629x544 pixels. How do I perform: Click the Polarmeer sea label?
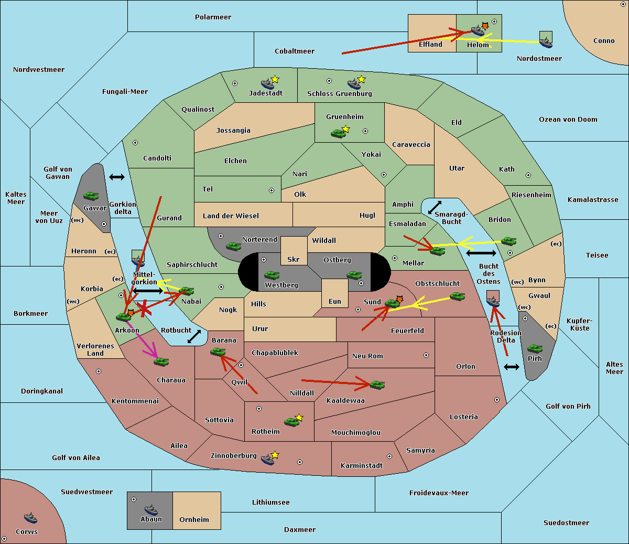(213, 17)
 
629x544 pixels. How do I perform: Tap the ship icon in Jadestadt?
(268, 83)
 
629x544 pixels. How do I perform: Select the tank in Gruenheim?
(338, 133)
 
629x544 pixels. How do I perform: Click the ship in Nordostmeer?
(546, 40)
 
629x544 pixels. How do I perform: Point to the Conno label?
(604, 40)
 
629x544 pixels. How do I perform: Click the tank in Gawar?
(91, 196)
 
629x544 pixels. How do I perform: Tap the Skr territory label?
(294, 259)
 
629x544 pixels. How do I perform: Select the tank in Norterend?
(233, 246)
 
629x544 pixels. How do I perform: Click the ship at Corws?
(30, 518)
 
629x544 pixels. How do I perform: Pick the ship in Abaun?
(151, 509)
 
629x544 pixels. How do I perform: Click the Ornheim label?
(194, 519)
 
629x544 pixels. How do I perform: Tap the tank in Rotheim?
(291, 421)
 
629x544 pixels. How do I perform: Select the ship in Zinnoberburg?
(268, 459)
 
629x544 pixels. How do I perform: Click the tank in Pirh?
(535, 349)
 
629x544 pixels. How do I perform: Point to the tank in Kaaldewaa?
(377, 385)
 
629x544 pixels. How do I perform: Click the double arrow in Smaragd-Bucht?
(435, 207)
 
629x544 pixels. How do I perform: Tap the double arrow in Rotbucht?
(194, 337)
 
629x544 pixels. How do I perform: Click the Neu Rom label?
(367, 356)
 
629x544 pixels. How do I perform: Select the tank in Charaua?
(161, 361)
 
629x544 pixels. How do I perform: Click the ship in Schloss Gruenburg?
(354, 84)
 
